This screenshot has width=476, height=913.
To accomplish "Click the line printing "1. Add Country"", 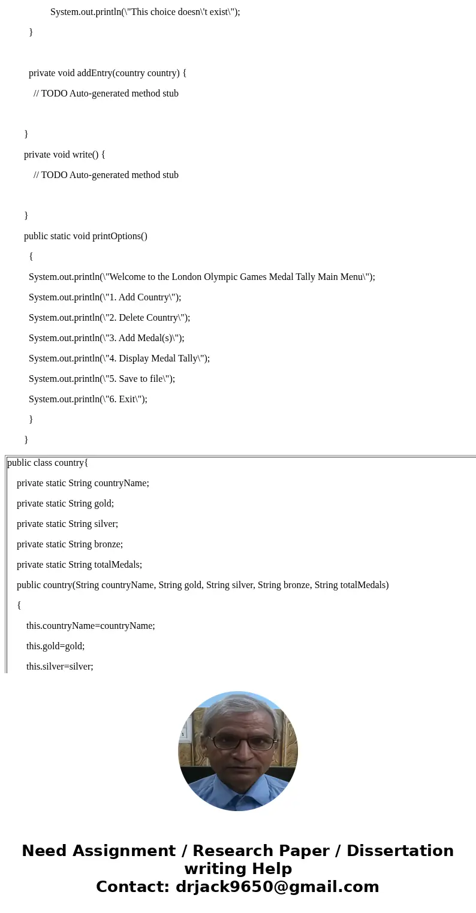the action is pyautogui.click(x=104, y=297).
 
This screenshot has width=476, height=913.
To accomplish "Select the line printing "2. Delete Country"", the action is pyautogui.click(x=109, y=318).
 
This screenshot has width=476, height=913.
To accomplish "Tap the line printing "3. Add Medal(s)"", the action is pyautogui.click(x=106, y=338).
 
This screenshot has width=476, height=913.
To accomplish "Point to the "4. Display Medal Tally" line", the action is pyautogui.click(x=119, y=358).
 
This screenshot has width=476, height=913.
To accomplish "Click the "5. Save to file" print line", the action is pyautogui.click(x=102, y=379).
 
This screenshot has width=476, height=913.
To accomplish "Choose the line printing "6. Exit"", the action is pyautogui.click(x=88, y=399).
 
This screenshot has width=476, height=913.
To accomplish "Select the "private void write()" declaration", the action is pyautogui.click(x=64, y=155).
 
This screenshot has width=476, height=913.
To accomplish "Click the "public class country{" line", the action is pyautogui.click(x=48, y=463).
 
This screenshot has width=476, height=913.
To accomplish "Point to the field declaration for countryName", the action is pyautogui.click(x=83, y=483).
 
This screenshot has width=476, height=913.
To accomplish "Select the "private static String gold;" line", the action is pyautogui.click(x=65, y=504).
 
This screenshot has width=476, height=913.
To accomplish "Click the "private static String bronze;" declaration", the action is pyautogui.click(x=70, y=544).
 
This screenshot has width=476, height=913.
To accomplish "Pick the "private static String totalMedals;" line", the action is pyautogui.click(x=79, y=565).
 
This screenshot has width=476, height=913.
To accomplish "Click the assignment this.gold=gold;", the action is pyautogui.click(x=55, y=646).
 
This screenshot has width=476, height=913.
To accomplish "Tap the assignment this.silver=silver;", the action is pyautogui.click(x=59, y=667).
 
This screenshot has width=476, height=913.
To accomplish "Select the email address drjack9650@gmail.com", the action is pyautogui.click(x=277, y=887).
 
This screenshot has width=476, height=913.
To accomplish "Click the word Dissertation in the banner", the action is pyautogui.click(x=400, y=851).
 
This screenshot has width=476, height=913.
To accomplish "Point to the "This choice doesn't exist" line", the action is pyautogui.click(x=145, y=12).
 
